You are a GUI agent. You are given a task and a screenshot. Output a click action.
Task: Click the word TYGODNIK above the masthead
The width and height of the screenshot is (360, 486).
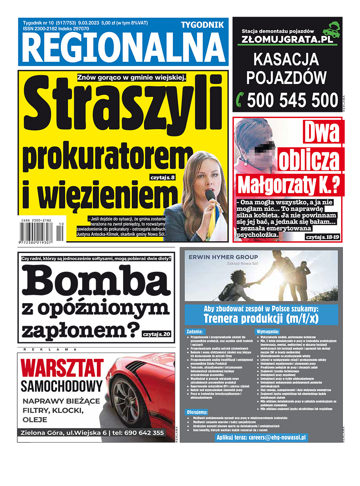coord(202,25)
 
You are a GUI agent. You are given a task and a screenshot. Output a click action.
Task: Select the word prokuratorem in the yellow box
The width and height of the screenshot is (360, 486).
coord(104,158)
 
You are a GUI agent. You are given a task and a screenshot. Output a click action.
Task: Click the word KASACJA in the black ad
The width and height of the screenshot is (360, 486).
coord(287,59)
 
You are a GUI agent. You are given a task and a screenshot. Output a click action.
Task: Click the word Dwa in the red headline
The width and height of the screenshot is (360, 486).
coord(322,132)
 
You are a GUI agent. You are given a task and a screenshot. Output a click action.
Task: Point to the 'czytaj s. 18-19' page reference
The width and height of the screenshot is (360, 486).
coord(322,237)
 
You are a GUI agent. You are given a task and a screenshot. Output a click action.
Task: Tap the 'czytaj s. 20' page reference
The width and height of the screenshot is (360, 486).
coord(157,334)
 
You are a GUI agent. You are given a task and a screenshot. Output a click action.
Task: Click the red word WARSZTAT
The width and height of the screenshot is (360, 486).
coord(62,368)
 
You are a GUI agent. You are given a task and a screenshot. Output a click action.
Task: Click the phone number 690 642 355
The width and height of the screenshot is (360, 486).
coord(144,433)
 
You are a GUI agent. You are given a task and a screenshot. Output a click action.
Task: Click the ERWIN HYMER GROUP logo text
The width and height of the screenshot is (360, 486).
coord(223,257)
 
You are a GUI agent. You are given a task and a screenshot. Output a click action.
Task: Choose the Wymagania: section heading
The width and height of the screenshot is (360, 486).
coord(268,331)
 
